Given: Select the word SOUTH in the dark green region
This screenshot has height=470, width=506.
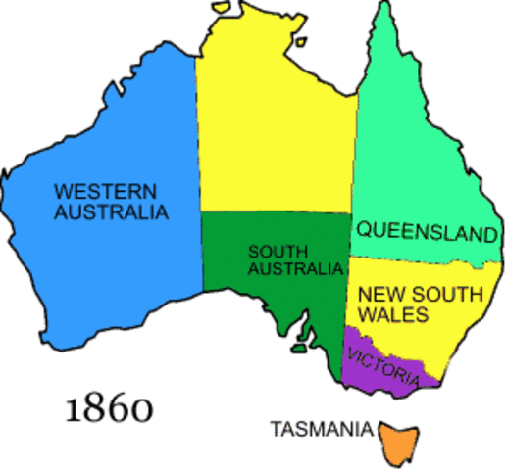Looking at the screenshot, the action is click(x=272, y=250).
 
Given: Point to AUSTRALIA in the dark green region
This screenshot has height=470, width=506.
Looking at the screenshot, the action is click(x=295, y=268).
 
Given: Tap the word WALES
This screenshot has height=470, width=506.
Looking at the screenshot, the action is click(x=392, y=315).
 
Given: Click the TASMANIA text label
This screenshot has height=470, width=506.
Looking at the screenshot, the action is click(x=322, y=428).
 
